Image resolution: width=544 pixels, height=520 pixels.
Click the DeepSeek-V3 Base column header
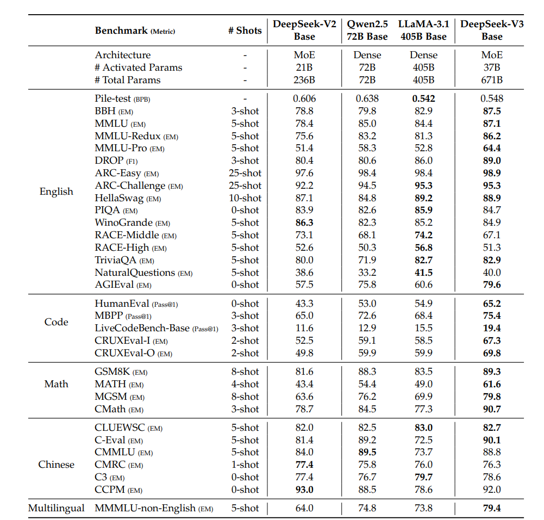click(492, 30)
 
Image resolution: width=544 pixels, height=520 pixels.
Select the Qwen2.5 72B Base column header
click(367, 30)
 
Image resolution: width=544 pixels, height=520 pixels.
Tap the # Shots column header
click(245, 30)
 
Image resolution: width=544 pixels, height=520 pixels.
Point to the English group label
click(57, 191)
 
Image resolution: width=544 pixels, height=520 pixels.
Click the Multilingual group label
click(57, 508)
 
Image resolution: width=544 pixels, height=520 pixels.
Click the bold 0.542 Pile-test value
click(423, 98)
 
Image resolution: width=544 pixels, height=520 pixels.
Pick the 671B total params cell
click(492, 80)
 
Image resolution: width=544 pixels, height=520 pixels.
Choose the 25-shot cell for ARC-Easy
click(245, 173)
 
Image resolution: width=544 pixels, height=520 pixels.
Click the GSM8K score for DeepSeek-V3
click(492, 372)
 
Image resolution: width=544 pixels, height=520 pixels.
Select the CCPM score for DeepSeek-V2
click(304, 490)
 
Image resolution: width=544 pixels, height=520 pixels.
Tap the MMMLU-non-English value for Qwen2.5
click(367, 508)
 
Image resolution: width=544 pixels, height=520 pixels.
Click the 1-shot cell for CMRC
click(245, 465)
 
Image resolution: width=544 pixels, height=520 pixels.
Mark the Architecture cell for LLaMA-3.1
click(423, 55)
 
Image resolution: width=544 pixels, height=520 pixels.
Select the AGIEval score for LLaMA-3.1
click(423, 284)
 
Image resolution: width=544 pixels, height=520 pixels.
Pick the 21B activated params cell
click(304, 67)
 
